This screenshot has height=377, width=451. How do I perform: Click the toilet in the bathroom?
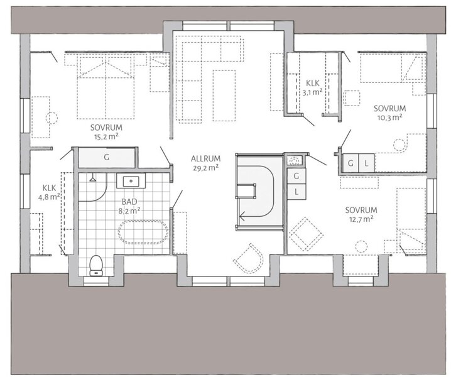point(96,265)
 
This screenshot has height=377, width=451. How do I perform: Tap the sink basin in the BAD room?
point(131,182)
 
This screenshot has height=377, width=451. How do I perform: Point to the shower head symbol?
point(92,178)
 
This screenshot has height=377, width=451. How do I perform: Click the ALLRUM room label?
point(205,158)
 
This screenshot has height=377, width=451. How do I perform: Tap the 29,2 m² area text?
point(205,168)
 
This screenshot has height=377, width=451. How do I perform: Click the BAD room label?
point(129,202)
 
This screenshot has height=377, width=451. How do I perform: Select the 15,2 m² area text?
point(106,136)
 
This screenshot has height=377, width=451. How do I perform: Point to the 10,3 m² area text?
point(389,117)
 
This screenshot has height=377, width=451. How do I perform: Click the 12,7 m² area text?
point(361,219)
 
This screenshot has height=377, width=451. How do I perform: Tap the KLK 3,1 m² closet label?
point(312,87)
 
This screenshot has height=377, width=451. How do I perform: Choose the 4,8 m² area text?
point(49,197)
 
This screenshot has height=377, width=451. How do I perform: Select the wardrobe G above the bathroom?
point(107,158)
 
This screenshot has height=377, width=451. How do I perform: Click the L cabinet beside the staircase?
point(296,192)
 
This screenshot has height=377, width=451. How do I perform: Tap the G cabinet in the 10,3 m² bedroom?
point(350,163)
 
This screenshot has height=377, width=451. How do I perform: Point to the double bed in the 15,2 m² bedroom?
point(106,88)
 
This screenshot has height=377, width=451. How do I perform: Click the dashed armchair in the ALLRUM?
point(249,258)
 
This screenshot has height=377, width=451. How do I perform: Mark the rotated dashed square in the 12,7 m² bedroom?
point(306,234)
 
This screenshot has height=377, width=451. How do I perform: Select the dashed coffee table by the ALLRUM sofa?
point(224,96)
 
